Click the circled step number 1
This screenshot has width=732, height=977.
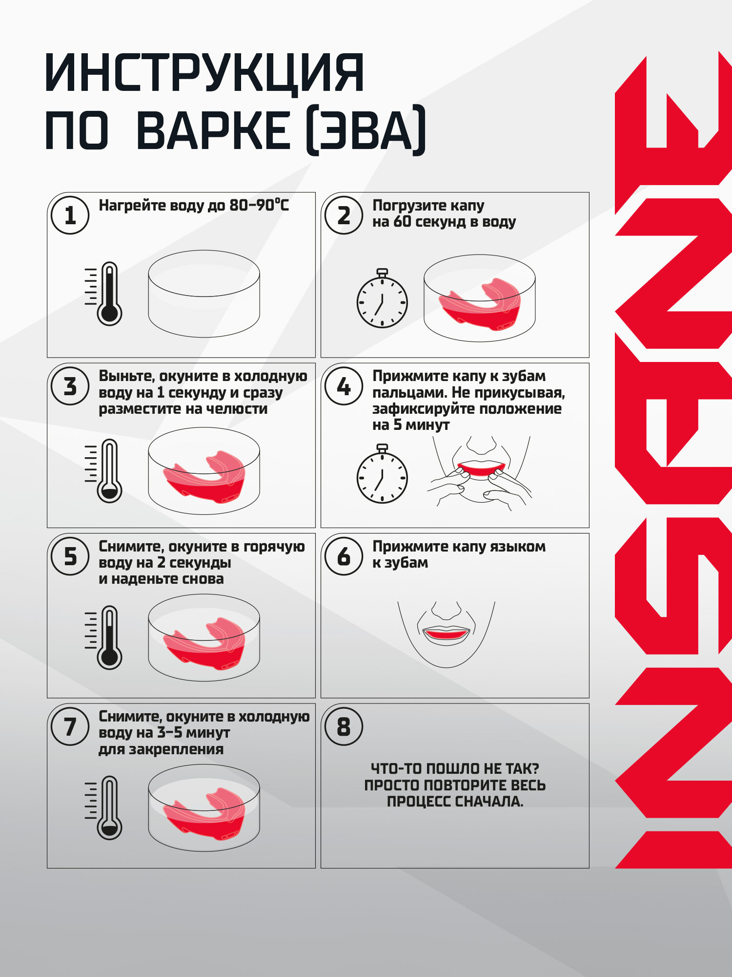click(70, 215)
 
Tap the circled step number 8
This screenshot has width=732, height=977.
click(344, 726)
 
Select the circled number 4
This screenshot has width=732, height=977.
click(344, 386)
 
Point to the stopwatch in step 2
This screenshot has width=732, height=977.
click(382, 297)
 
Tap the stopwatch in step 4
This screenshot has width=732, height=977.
click(382, 473)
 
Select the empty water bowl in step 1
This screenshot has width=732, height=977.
click(204, 294)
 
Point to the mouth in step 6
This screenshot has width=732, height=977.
click(446, 635)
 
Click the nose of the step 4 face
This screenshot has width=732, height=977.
click(481, 445)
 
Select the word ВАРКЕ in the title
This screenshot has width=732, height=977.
click(213, 130)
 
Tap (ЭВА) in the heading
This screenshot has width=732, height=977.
click(366, 130)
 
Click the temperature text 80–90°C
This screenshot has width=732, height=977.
click(259, 205)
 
